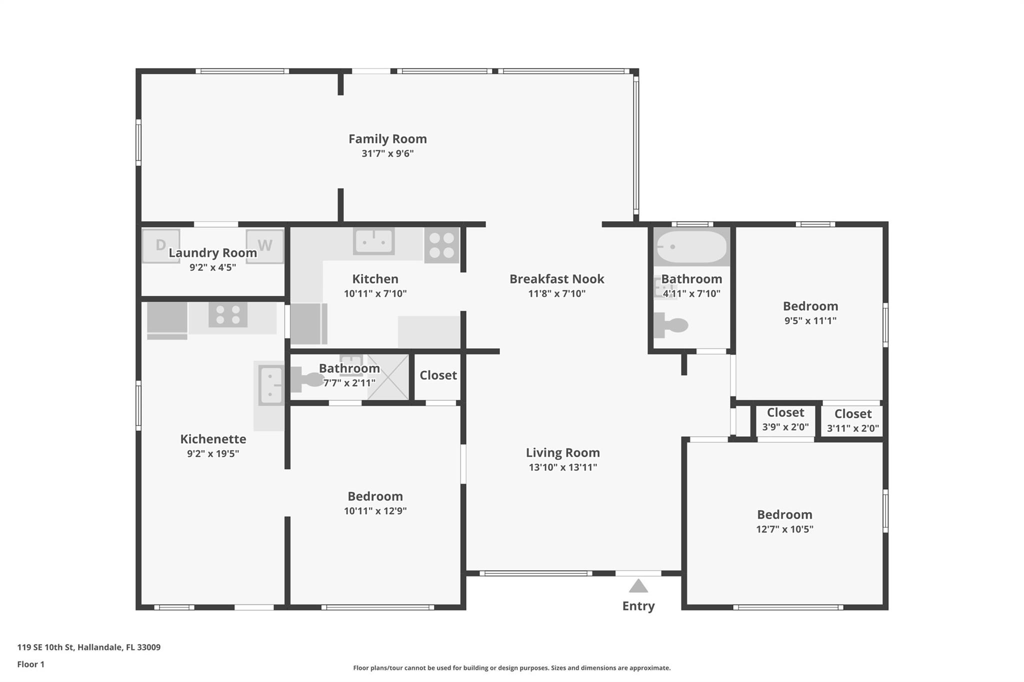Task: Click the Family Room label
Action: pyautogui.click(x=387, y=139)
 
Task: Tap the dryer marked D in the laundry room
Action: pyautogui.click(x=161, y=246)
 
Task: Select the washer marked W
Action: pyautogui.click(x=264, y=246)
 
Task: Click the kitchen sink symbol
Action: pyautogui.click(x=373, y=241)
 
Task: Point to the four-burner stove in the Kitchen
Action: pyautogui.click(x=441, y=245)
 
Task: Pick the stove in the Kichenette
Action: pyautogui.click(x=228, y=315)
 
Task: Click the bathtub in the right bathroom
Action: pyautogui.click(x=691, y=247)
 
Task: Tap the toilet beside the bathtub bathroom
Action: pyautogui.click(x=671, y=325)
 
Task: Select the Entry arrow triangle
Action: pyautogui.click(x=638, y=586)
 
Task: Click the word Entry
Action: pyautogui.click(x=638, y=606)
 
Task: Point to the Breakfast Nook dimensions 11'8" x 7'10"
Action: pyautogui.click(x=556, y=294)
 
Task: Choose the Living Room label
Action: pyautogui.click(x=562, y=453)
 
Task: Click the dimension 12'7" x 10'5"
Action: pyautogui.click(x=784, y=529)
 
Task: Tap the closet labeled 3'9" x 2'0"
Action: pyautogui.click(x=785, y=420)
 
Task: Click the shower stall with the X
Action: pyautogui.click(x=388, y=377)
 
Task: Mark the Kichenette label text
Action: pyautogui.click(x=213, y=439)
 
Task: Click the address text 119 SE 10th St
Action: pyautogui.click(x=45, y=648)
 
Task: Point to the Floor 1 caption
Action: pyautogui.click(x=31, y=665)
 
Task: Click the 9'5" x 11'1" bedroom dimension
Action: pyautogui.click(x=810, y=321)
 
